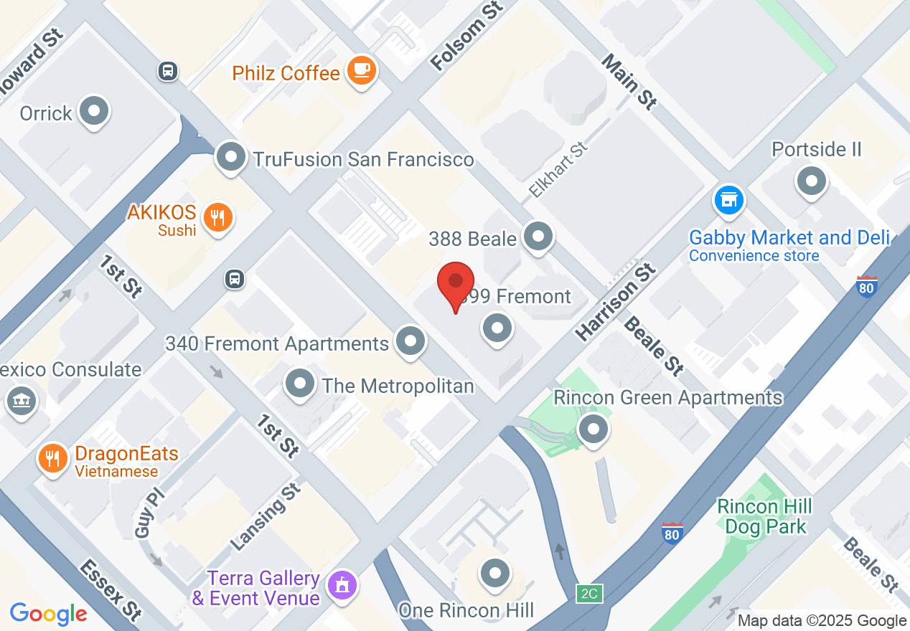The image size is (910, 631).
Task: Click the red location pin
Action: (456, 284)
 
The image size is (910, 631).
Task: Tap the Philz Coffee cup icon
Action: (361, 70)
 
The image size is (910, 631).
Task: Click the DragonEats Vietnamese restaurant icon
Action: (52, 457)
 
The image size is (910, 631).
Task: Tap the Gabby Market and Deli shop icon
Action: (729, 200)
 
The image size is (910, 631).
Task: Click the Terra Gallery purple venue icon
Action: (342, 584)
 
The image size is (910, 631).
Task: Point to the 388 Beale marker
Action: (538, 236)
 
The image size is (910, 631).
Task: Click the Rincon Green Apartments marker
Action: (593, 430)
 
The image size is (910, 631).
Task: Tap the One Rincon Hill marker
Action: (494, 573)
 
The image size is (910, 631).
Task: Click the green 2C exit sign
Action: (589, 594)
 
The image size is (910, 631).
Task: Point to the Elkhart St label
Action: (558, 171)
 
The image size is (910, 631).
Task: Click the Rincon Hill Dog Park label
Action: (765, 516)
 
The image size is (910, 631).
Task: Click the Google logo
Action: (49, 613)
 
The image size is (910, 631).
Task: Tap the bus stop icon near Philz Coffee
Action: (168, 70)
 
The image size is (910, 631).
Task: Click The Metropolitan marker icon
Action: (300, 384)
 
